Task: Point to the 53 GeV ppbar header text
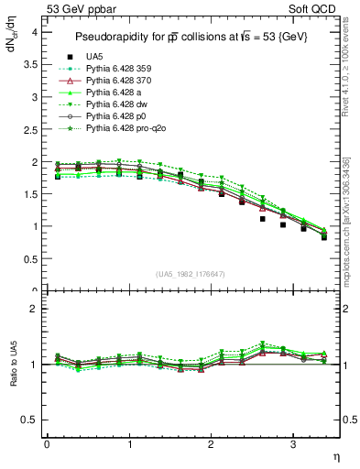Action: (78, 9)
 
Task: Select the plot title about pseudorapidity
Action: (191, 36)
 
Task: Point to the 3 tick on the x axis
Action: (292, 444)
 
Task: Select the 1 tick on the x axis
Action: (128, 444)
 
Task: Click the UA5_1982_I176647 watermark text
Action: (192, 275)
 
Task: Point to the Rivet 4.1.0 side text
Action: (346, 78)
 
